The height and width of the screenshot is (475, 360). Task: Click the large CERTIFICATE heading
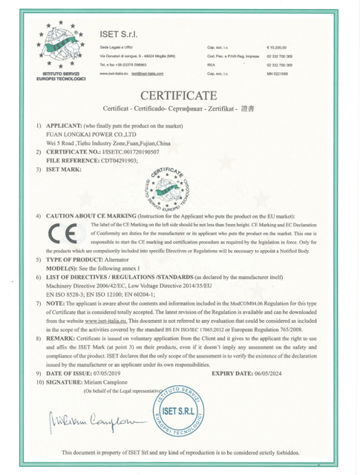click(179, 95)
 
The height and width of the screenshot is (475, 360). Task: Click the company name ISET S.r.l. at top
click(119, 34)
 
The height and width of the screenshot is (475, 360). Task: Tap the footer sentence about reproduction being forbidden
click(180, 452)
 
